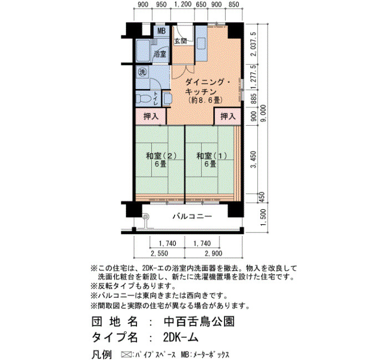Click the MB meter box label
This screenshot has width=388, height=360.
161,31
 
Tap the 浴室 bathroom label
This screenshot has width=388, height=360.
160,54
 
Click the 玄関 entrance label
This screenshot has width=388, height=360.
181,41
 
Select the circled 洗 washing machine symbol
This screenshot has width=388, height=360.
142,72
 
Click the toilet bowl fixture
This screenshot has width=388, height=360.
144,99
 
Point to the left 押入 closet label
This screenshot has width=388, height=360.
151,116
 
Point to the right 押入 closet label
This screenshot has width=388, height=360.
228,116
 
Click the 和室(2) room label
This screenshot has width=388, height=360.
161,156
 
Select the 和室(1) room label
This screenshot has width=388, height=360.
212,156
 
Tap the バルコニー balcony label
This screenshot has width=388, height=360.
192,217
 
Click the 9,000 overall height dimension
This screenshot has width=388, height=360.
263,113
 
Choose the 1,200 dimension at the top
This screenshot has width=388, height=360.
183,4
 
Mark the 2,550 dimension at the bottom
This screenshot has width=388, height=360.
160,254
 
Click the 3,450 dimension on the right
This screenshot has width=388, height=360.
253,160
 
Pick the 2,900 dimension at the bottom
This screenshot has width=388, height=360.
213,254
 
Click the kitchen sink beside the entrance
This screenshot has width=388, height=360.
201,44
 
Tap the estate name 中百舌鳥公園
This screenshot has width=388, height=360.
199,322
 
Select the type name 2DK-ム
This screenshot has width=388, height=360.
181,337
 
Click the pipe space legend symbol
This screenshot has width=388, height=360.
126,354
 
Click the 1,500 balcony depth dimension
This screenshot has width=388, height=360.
263,217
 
